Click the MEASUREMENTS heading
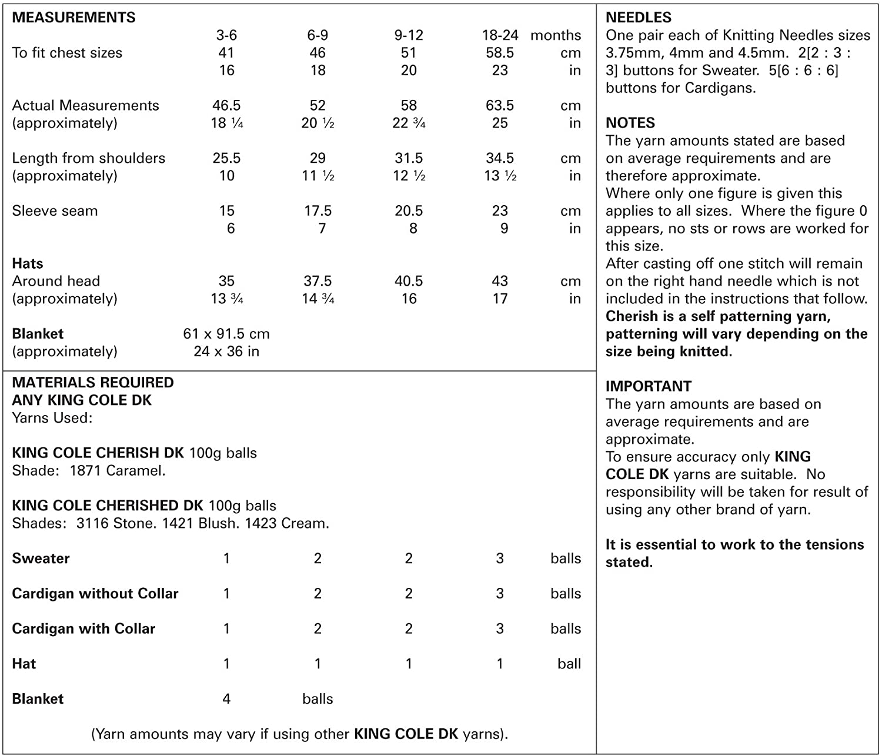click(x=73, y=18)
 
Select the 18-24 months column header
click(x=500, y=35)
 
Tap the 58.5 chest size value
click(x=500, y=53)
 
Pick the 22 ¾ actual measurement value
click(x=409, y=123)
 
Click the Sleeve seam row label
click(x=55, y=211)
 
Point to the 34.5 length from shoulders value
click(x=500, y=158)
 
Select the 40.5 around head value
click(x=409, y=281)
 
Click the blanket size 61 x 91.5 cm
click(x=226, y=334)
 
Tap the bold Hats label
click(x=28, y=263)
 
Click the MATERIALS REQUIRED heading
click(x=93, y=383)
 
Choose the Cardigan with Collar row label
click(x=83, y=628)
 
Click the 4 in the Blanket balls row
click(x=226, y=699)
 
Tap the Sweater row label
click(x=41, y=558)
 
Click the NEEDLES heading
click(x=639, y=18)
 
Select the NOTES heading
click(x=630, y=123)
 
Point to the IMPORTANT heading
click(x=649, y=386)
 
